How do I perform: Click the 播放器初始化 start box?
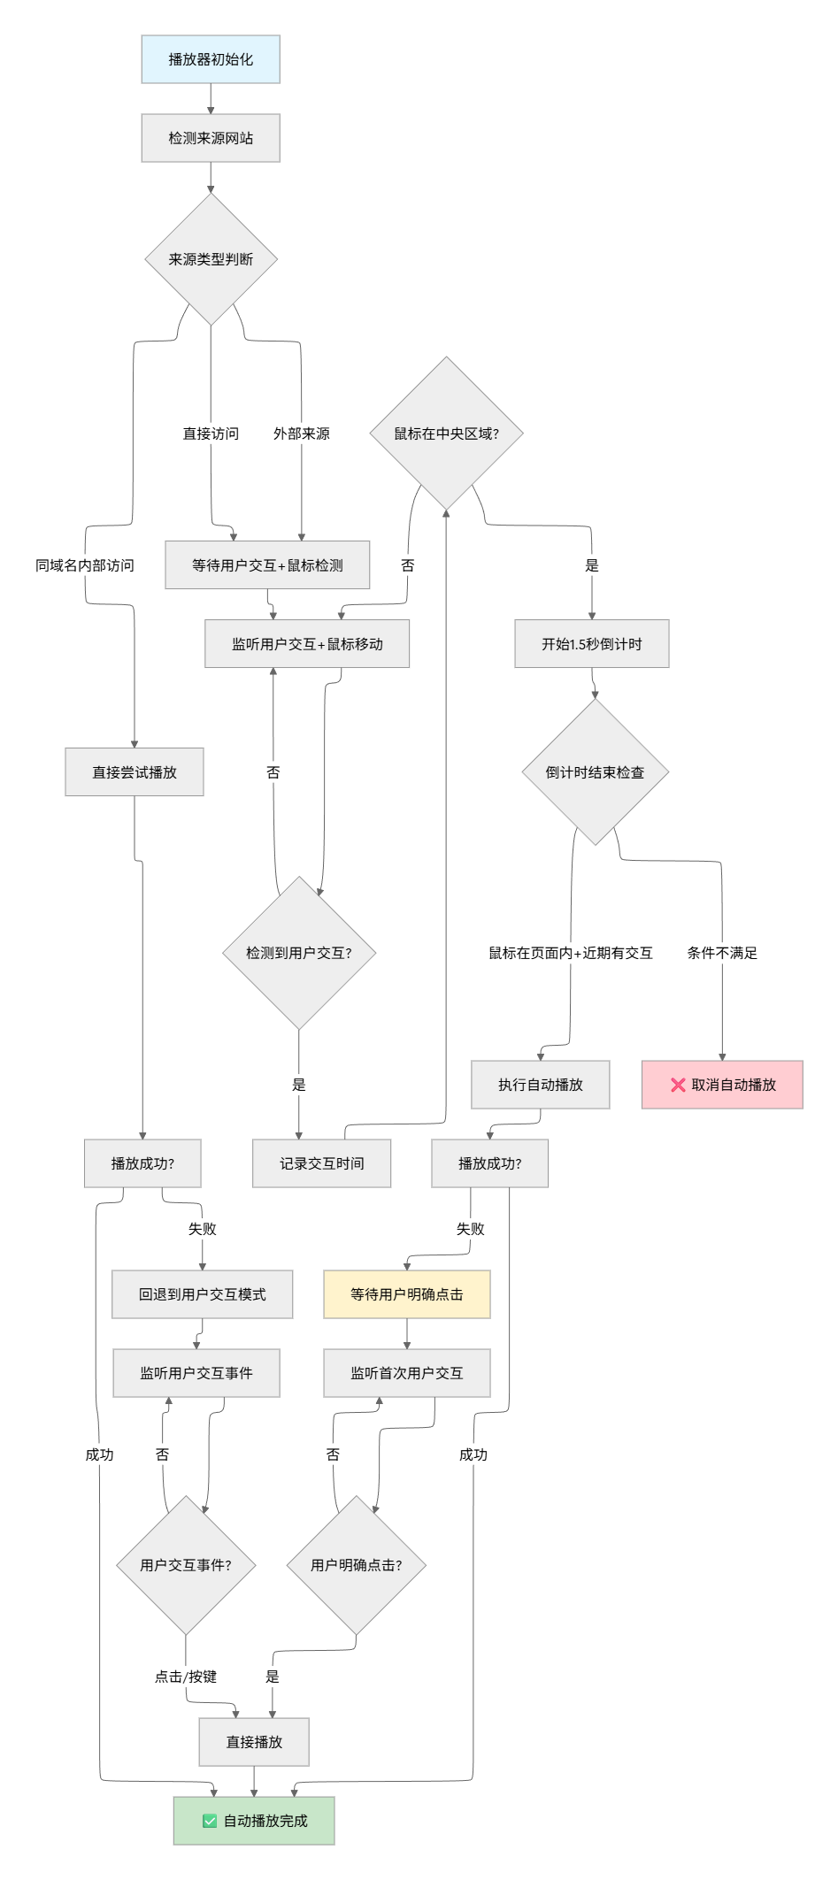pyautogui.click(x=211, y=59)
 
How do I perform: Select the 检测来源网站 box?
pyautogui.click(x=211, y=138)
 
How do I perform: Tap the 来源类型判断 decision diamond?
pyautogui.click(x=211, y=259)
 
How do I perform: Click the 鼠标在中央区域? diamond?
pyautogui.click(x=446, y=434)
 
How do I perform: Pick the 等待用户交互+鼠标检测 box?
pyautogui.click(x=267, y=564)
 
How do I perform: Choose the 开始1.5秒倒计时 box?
pyautogui.click(x=591, y=644)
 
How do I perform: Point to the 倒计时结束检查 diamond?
pyautogui.click(x=595, y=772)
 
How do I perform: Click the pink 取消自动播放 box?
pyautogui.click(x=722, y=1085)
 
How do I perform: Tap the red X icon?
pyautogui.click(x=678, y=1085)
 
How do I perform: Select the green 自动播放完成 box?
pyautogui.click(x=254, y=1821)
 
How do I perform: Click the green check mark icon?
pyautogui.click(x=210, y=1821)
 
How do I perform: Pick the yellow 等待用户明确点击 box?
pyautogui.click(x=406, y=1294)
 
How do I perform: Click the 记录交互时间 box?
pyautogui.click(x=321, y=1163)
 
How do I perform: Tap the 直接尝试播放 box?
pyautogui.click(x=135, y=772)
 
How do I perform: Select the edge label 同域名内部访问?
pyautogui.click(x=85, y=565)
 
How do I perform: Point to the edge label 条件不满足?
pyautogui.click(x=722, y=953)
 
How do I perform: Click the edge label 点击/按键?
pyautogui.click(x=186, y=1677)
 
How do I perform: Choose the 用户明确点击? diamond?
pyautogui.click(x=356, y=1565)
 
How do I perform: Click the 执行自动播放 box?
pyautogui.click(x=540, y=1085)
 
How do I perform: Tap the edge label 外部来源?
pyautogui.click(x=301, y=434)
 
